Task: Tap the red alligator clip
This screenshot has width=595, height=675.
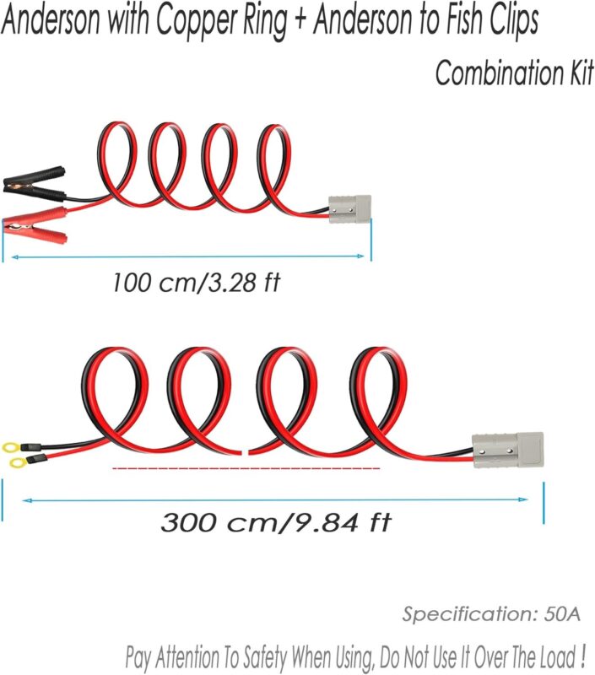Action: point(39,221)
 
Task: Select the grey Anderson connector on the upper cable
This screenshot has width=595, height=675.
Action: point(349,206)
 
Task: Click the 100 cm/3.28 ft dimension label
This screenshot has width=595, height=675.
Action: point(195,282)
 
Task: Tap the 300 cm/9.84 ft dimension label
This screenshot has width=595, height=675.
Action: point(276,522)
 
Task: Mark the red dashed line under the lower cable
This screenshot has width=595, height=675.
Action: point(246,467)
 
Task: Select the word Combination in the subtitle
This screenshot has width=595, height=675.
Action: point(495,73)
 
